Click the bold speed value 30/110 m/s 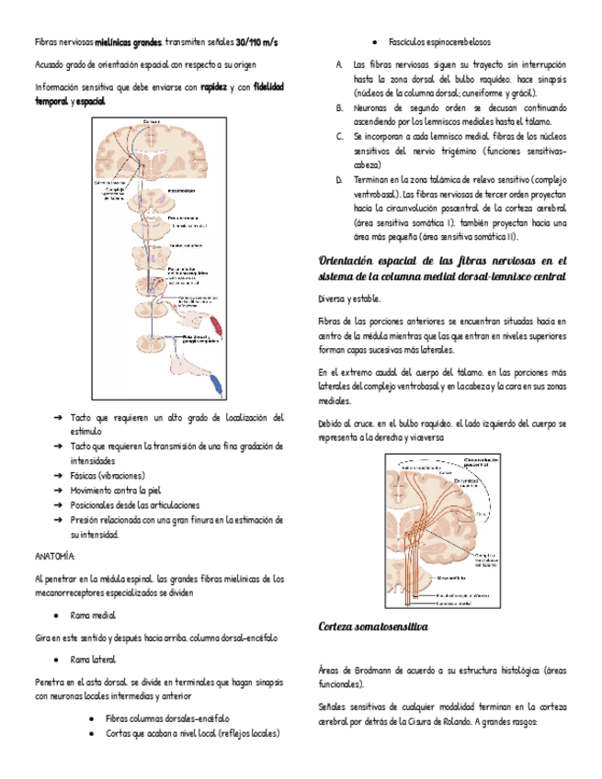[256, 43]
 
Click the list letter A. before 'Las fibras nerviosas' [339, 65]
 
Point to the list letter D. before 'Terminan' [339, 179]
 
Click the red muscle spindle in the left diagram [215, 324]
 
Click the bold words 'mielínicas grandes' [129, 43]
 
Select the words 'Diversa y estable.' [346, 299]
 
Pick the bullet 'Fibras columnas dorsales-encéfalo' [167, 718]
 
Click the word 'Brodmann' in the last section [370, 671]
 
